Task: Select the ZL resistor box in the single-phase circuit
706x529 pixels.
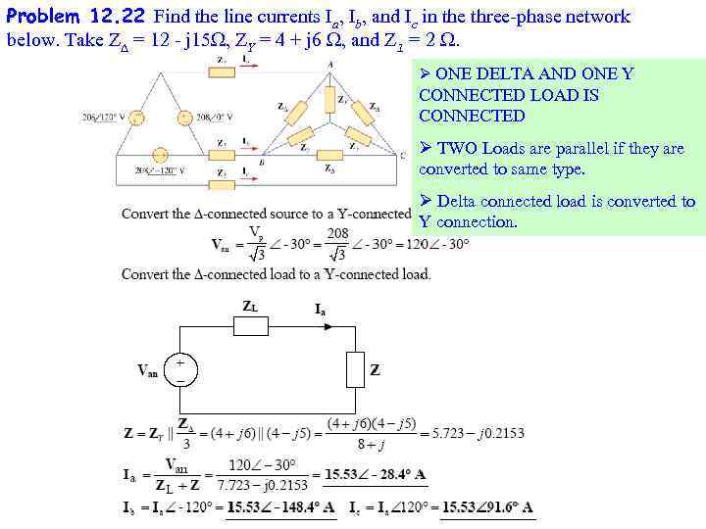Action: tap(250, 325)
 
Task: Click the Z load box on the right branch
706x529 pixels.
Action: tap(354, 370)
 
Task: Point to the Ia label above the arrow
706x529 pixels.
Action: tap(321, 309)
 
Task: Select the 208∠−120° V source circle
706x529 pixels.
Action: tap(160, 156)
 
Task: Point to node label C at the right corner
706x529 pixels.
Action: tap(402, 155)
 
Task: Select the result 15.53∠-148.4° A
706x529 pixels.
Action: tap(280, 507)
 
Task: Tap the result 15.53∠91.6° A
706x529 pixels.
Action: tap(486, 507)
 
